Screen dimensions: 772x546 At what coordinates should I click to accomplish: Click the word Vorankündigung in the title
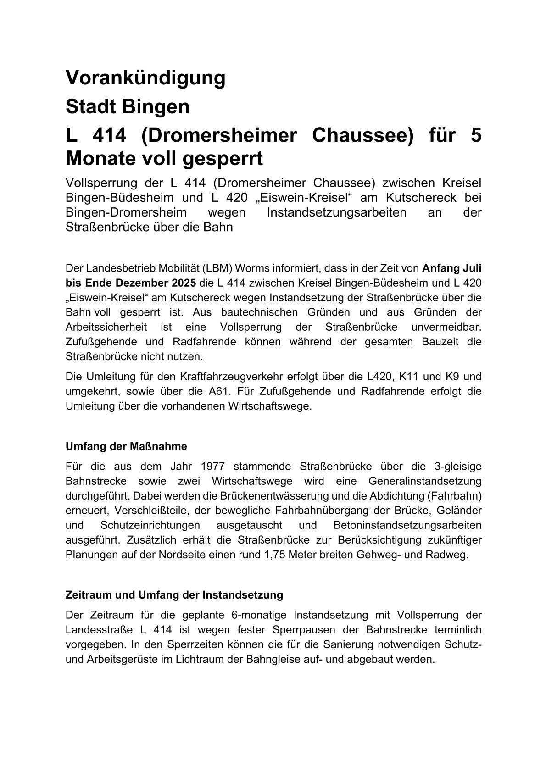(x=145, y=78)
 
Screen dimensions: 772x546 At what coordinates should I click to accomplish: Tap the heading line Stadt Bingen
(x=128, y=107)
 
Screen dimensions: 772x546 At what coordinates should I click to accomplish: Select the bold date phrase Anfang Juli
(x=451, y=268)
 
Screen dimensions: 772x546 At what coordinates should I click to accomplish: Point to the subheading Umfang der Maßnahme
(x=127, y=446)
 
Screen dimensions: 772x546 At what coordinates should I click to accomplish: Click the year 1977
(x=212, y=467)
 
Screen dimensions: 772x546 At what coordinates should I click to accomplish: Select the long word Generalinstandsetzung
(x=425, y=481)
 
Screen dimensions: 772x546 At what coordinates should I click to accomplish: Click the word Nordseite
(x=180, y=555)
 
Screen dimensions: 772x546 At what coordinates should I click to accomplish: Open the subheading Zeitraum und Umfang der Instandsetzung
(x=174, y=595)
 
